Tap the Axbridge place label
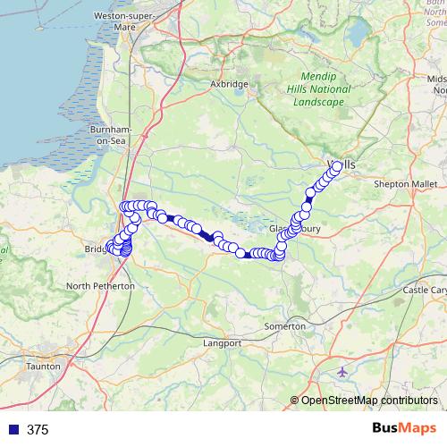click(229, 84)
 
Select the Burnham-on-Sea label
click(112, 135)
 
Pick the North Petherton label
click(101, 286)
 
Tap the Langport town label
click(223, 342)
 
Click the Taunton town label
click(44, 367)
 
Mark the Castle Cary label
click(425, 291)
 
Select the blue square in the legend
click(13, 429)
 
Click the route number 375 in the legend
click(38, 429)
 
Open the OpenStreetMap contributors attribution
click(367, 401)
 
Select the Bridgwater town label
click(97, 249)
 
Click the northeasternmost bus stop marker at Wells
click(337, 165)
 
